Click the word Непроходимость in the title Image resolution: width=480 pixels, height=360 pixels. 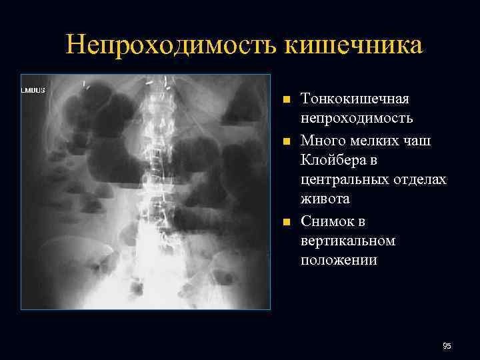pos(173,45)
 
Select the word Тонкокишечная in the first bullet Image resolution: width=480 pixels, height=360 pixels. pos(355,99)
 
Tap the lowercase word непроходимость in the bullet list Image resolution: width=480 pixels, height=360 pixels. pos(357,119)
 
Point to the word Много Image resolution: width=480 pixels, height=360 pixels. pos(323,140)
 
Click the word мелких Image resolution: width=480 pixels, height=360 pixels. pos(377,140)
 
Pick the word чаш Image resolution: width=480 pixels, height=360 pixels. pos(419,140)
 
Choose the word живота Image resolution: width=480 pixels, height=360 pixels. pos(325,200)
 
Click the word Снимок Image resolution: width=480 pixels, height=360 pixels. pos(329,221)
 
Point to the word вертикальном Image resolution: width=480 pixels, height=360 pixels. pos(348,241)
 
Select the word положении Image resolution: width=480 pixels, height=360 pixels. pos(339,261)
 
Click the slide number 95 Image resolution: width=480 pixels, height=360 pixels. pos(447,346)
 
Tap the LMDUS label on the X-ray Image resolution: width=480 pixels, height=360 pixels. pos(33,89)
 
